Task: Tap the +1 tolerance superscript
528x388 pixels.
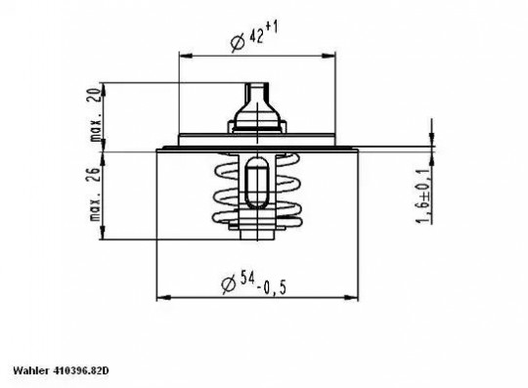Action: (272, 27)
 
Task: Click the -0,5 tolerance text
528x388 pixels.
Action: (272, 288)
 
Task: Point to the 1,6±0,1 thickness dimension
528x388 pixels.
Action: (423, 194)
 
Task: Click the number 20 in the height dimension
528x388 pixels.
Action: (96, 95)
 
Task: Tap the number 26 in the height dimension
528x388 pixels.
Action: (96, 175)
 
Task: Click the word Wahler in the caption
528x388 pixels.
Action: (30, 370)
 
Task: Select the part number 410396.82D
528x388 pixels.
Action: (80, 370)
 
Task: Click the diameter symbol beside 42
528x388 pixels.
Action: (238, 43)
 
